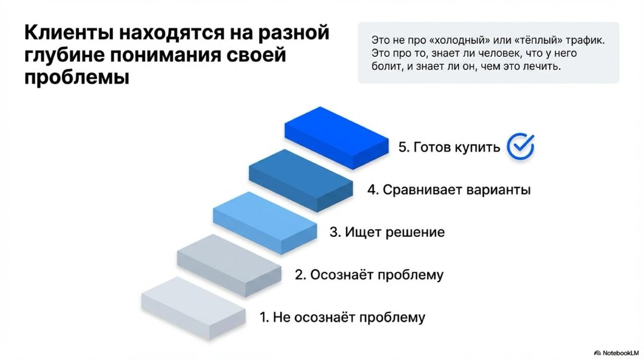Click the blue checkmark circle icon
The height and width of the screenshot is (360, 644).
point(521,146)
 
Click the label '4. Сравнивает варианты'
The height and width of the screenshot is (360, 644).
point(449,190)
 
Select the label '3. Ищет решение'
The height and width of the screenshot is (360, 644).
point(387,232)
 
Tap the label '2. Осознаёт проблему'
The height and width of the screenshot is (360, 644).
point(370,275)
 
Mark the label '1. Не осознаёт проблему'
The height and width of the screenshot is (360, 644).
point(342,317)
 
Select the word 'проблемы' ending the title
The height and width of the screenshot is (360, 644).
point(77,78)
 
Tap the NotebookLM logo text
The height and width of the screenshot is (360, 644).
point(619,352)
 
